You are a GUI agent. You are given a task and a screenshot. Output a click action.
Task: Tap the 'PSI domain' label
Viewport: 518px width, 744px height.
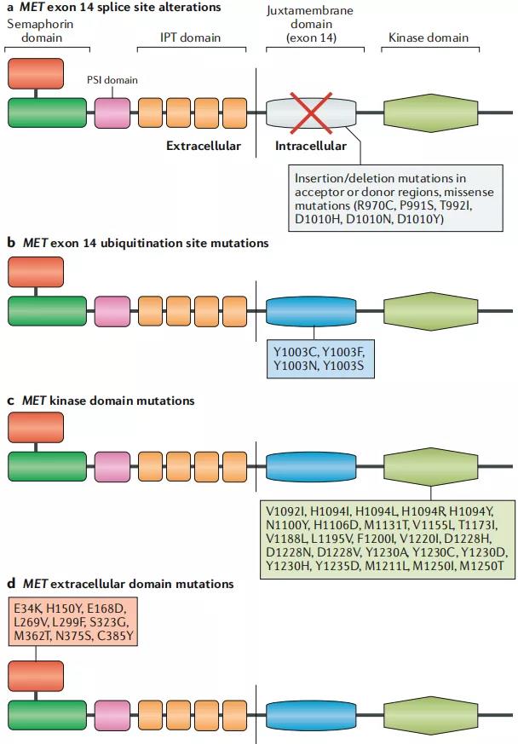coord(112,79)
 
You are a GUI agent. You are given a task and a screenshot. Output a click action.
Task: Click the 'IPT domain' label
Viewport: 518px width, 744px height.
coord(192,37)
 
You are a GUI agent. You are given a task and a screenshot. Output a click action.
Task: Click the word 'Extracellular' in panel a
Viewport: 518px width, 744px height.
coord(204,146)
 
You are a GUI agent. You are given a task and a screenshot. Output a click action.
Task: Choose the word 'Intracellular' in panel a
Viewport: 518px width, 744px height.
coord(311,146)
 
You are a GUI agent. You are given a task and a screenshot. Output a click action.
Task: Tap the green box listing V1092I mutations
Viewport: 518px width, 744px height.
coord(388,540)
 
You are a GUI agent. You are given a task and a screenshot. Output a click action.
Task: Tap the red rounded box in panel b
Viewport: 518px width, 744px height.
coord(35,272)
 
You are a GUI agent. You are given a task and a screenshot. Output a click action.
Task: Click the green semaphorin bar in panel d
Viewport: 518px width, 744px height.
coord(48,716)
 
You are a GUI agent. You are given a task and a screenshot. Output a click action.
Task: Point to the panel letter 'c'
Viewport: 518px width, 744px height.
coord(10,400)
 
